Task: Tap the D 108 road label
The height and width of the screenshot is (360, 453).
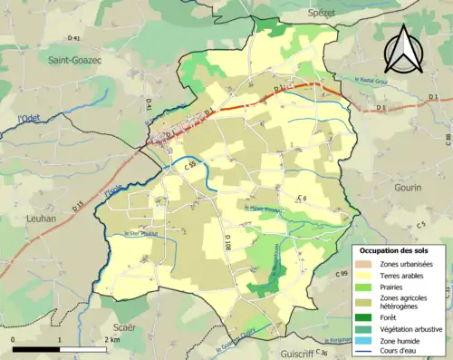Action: (x=227, y=240)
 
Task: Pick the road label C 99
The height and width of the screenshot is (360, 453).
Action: (x=341, y=273)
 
